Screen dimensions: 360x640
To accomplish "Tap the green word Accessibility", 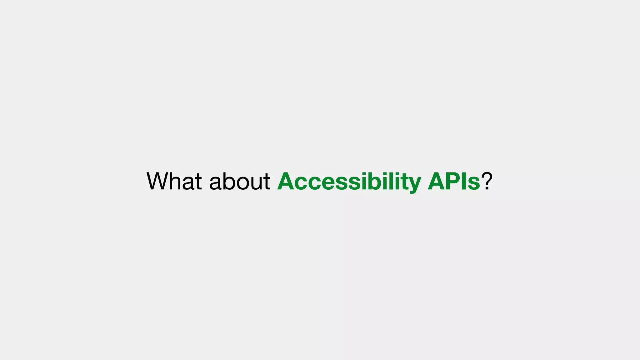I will click(349, 181).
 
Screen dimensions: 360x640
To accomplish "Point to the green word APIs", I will click(454, 181).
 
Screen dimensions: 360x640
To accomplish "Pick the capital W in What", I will click(159, 181).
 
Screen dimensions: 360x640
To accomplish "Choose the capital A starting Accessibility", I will click(286, 181).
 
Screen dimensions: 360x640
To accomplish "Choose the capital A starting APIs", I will click(437, 181).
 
